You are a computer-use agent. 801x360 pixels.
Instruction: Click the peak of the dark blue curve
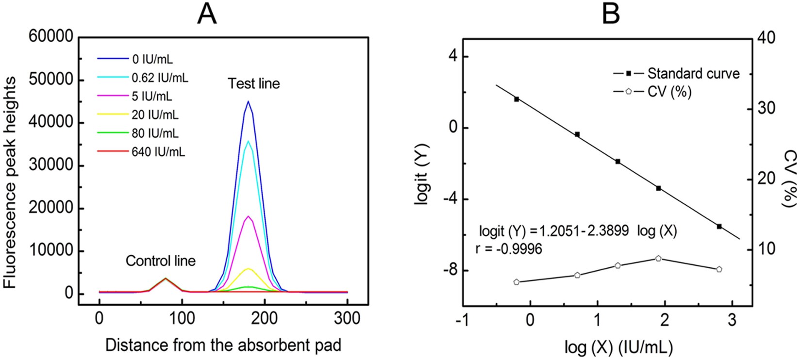tap(248, 101)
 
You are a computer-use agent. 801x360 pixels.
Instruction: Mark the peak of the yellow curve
tap(248, 268)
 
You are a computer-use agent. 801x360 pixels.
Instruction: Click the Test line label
tap(254, 84)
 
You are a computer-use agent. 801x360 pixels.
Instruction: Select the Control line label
tap(160, 261)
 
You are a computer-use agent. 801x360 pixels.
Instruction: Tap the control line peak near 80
tap(166, 278)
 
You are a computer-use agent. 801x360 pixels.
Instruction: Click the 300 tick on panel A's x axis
tap(347, 319)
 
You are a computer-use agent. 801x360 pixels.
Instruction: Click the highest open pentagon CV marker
tap(658, 259)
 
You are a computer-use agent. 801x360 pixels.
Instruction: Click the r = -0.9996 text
tap(508, 249)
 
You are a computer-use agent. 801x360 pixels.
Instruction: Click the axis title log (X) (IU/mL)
tap(617, 346)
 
